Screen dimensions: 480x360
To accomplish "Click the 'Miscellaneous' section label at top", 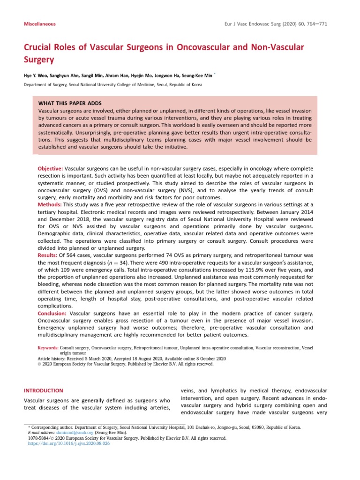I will click(x=40, y=23).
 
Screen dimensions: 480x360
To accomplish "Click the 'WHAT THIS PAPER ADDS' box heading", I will click(x=70, y=103).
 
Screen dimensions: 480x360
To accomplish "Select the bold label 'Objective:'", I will click(x=50, y=168).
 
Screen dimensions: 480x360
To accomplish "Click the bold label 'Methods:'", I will click(x=50, y=205).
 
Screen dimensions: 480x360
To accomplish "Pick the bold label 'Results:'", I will click(x=48, y=255).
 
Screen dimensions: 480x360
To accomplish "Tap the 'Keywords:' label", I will click(x=48, y=348).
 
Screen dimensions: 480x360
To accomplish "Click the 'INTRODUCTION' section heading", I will click(x=43, y=390).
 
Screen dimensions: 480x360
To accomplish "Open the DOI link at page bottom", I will click(x=67, y=443).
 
